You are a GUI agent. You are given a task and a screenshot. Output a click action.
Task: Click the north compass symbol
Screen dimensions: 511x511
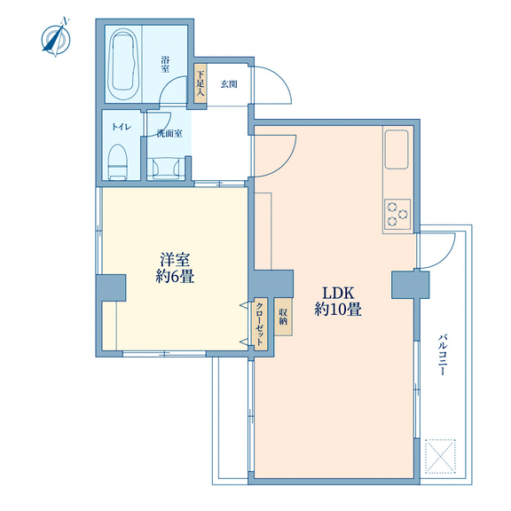click(56, 37)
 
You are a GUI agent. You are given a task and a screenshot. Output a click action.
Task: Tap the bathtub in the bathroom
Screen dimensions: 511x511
click(123, 65)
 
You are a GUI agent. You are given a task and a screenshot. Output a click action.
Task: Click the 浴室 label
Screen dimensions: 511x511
click(165, 64)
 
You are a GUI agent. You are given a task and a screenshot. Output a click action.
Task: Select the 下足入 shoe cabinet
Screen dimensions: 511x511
click(200, 83)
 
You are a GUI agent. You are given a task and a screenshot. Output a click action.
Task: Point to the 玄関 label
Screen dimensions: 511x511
click(229, 84)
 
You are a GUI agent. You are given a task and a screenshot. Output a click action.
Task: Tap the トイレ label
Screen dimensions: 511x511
click(122, 127)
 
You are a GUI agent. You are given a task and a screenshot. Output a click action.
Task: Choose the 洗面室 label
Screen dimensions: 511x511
click(169, 134)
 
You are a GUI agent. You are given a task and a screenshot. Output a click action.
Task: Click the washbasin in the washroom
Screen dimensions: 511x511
click(166, 169)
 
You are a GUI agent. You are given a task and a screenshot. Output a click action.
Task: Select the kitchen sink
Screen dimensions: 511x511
click(397, 149)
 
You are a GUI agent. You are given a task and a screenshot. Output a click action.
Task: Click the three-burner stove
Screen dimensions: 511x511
click(397, 214)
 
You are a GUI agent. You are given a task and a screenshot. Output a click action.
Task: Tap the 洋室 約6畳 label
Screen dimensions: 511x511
click(175, 268)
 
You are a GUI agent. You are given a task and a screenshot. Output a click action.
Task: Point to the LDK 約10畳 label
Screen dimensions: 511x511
click(338, 301)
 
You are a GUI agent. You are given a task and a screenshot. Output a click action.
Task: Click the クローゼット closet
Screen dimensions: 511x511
click(261, 325)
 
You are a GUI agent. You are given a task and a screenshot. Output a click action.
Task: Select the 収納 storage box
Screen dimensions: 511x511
click(283, 317)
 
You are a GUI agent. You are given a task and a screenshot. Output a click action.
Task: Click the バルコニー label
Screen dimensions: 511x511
click(442, 354)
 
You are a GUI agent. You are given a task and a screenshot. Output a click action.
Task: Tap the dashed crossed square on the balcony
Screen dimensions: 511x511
click(440, 456)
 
